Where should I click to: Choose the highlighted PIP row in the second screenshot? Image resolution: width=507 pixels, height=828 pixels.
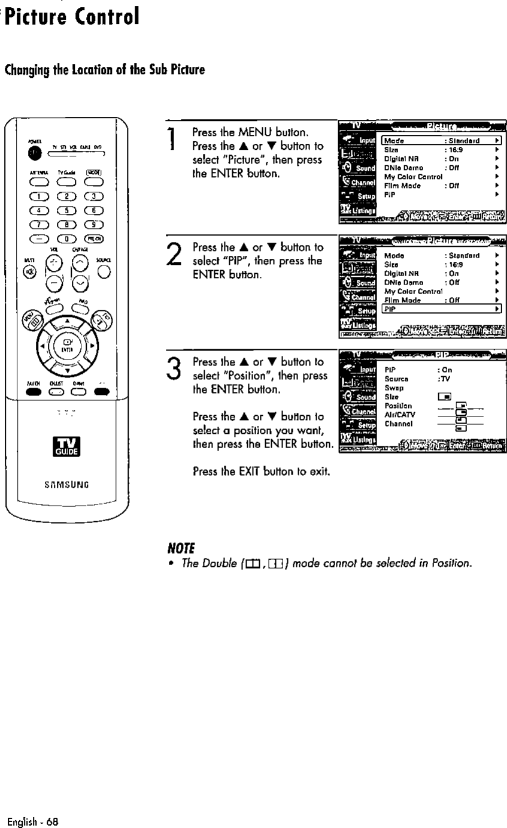pos(441,309)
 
